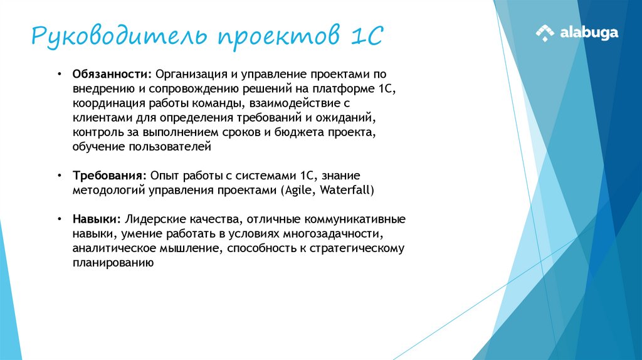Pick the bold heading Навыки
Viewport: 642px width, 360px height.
[97, 220]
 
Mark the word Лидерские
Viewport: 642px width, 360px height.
[152, 220]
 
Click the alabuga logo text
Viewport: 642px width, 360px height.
[589, 33]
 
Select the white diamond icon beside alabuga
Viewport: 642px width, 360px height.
[545, 33]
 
